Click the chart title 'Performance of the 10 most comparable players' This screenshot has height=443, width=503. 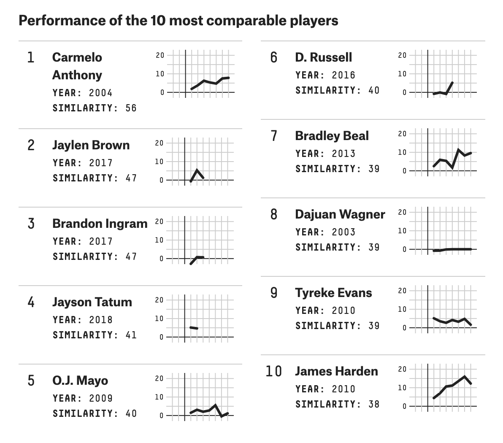[178, 21]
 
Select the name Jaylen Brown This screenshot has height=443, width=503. [91, 145]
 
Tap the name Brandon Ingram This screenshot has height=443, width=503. [100, 224]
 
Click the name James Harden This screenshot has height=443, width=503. [336, 371]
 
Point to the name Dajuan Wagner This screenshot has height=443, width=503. [340, 214]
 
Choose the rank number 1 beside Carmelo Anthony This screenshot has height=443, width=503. [30, 57]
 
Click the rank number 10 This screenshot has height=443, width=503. [273, 371]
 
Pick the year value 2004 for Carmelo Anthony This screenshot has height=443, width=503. [100, 93]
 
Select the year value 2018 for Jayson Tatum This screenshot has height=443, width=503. [100, 320]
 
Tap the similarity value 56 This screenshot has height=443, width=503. [131, 108]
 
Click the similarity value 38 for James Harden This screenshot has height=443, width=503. [373, 404]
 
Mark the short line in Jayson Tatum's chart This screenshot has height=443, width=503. [194, 327]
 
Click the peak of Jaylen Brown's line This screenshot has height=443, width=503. [197, 170]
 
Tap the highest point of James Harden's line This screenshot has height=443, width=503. [465, 376]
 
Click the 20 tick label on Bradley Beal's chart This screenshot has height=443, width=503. [402, 134]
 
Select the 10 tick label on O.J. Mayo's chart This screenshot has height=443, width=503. [159, 397]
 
